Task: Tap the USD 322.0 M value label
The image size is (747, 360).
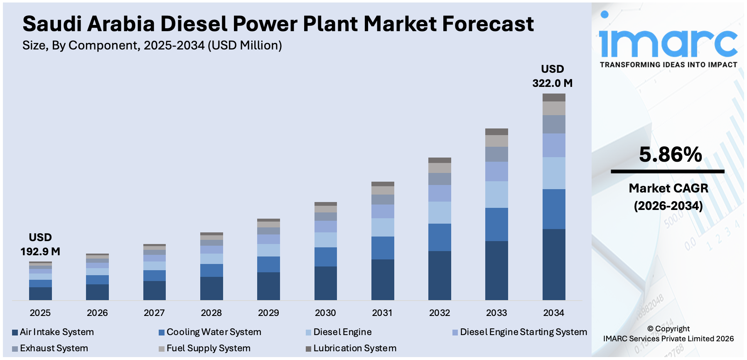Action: pyautogui.click(x=552, y=76)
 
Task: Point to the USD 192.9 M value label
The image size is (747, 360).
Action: pyautogui.click(x=40, y=245)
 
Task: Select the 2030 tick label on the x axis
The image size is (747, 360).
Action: pyautogui.click(x=325, y=313)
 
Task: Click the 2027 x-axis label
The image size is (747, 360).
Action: pyautogui.click(x=154, y=313)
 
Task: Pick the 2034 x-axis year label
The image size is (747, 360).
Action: pyautogui.click(x=553, y=313)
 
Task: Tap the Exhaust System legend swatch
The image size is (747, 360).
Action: pyautogui.click(x=15, y=349)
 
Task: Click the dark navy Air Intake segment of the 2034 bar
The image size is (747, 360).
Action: pyautogui.click(x=553, y=264)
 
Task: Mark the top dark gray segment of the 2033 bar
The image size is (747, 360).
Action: pyautogui.click(x=496, y=132)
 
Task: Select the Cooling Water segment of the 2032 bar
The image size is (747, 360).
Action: pyautogui.click(x=440, y=237)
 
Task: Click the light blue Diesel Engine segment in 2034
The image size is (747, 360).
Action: pyautogui.click(x=553, y=173)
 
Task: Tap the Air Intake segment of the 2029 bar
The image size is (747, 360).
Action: pyautogui.click(x=268, y=286)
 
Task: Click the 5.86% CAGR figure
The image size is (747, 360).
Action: pyautogui.click(x=670, y=155)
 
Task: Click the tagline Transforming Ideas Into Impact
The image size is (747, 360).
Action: pyautogui.click(x=668, y=65)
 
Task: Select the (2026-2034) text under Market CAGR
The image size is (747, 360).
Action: pyautogui.click(x=668, y=206)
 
